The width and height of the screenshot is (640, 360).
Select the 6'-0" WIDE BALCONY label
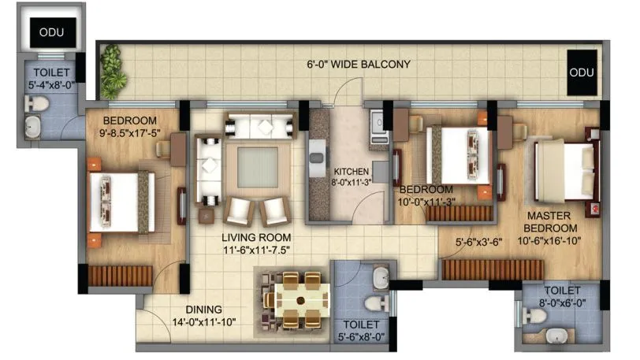pos(359,65)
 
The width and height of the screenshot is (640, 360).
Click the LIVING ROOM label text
pos(256,242)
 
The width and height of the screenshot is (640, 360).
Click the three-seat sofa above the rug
pos(260,126)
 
